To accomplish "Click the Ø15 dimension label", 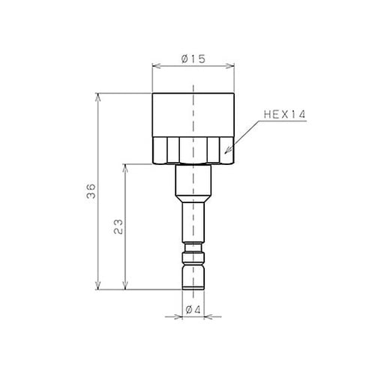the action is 193,59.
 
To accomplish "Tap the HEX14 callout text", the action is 285,115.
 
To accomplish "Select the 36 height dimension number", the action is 91,191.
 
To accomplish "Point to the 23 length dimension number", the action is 118,226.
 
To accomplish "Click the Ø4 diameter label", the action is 193,310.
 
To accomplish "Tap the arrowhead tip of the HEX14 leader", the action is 225,153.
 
